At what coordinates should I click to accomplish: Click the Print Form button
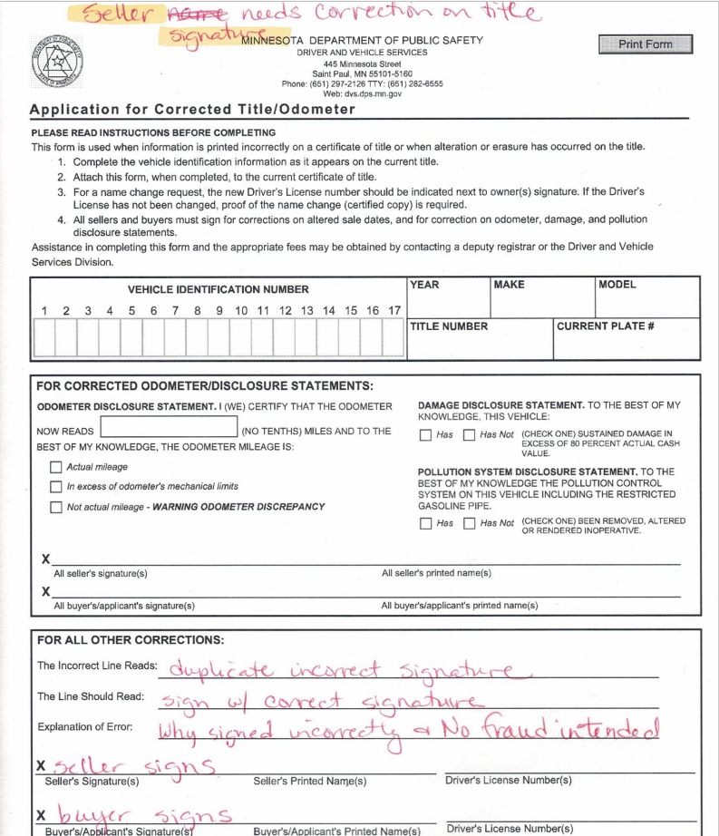point(645,44)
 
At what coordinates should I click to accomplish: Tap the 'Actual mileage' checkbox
point(56,468)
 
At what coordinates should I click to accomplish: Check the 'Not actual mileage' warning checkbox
point(56,507)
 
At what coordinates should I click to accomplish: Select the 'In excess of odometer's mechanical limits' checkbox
point(56,487)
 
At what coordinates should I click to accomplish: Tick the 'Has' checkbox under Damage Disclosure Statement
point(425,435)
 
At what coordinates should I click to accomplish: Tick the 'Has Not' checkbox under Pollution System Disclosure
point(469,524)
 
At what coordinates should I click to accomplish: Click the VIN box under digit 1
point(44,336)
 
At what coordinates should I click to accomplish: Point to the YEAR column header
point(424,285)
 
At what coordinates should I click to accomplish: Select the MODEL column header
point(617,285)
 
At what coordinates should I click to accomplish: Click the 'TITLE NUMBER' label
point(449,326)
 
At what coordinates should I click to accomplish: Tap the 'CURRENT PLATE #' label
point(605,326)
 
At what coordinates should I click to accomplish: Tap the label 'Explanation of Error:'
point(86,727)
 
